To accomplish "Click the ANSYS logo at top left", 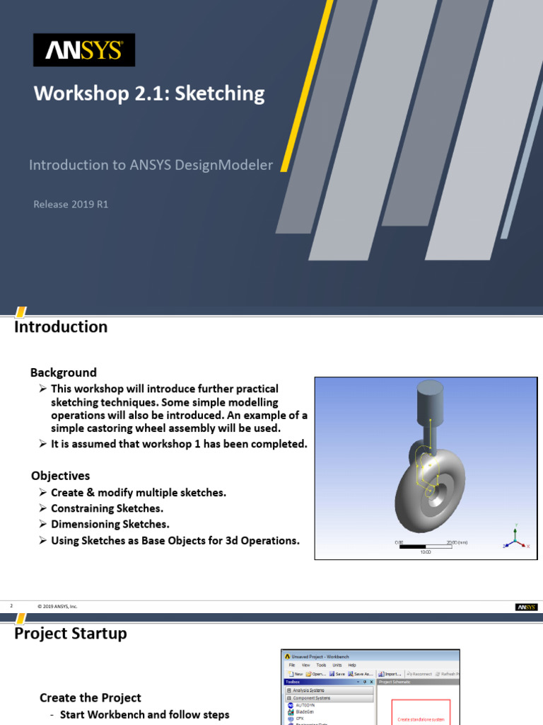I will tap(84, 50).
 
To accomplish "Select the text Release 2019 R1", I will tap(71, 204).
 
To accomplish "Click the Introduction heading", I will tap(61, 327).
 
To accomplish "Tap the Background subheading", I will tap(63, 372).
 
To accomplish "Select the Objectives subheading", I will tap(60, 476).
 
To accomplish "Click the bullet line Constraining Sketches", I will tap(107, 508).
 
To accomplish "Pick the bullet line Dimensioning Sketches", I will tap(110, 525).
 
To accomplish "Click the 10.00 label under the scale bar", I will tap(426, 552).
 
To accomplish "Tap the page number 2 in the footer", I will tap(12, 607).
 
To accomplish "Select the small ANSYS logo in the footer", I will tap(527, 607).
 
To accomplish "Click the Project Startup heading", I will tap(71, 634).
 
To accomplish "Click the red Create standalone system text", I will tap(421, 719).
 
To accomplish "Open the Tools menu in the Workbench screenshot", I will tap(321, 666).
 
